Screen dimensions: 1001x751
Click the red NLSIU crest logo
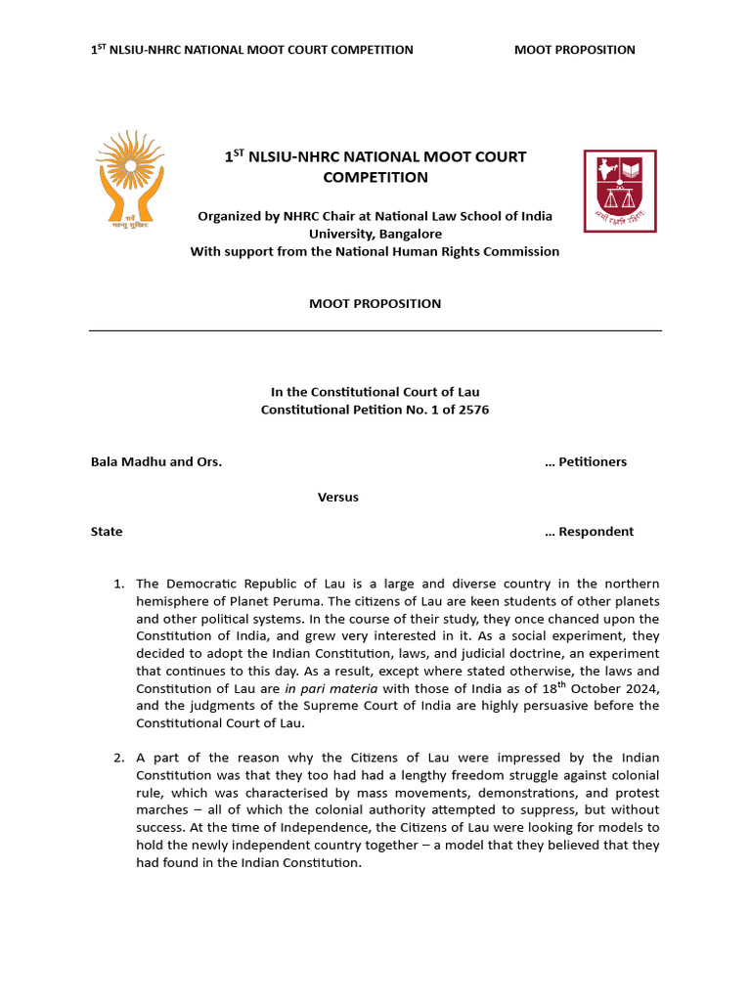click(620, 191)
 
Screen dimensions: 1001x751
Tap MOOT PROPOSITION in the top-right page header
click(574, 50)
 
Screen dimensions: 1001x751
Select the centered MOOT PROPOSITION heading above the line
click(375, 304)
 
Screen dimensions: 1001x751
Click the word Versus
click(337, 497)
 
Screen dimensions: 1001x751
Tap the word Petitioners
click(593, 461)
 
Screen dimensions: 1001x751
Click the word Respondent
click(596, 532)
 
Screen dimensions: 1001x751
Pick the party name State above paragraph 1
click(107, 532)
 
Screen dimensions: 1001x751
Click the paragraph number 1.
click(117, 585)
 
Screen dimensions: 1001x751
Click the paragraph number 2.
click(117, 758)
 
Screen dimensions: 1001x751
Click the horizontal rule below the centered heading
click(375, 330)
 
